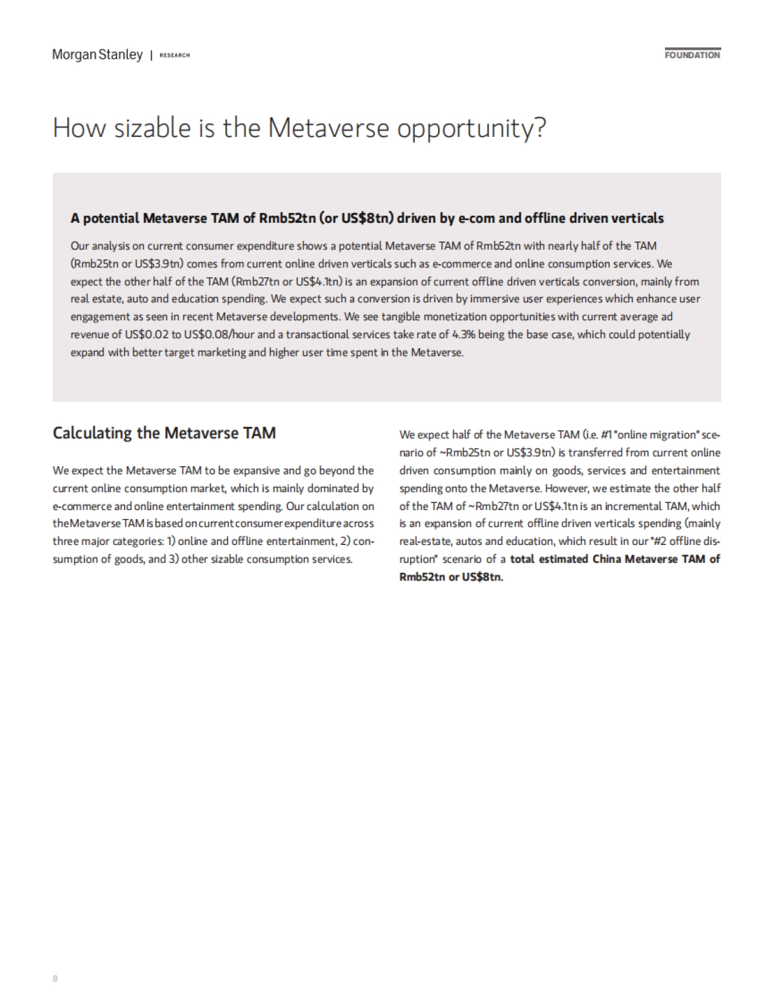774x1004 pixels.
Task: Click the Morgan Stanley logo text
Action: (x=97, y=55)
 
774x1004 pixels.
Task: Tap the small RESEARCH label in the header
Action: (x=174, y=56)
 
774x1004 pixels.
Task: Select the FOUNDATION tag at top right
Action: (x=692, y=55)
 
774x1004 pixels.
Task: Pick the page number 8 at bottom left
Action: (x=55, y=978)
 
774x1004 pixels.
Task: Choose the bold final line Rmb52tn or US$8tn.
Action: (x=451, y=577)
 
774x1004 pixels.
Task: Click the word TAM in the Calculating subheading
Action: (x=259, y=433)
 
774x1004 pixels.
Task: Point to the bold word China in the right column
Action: (x=608, y=559)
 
